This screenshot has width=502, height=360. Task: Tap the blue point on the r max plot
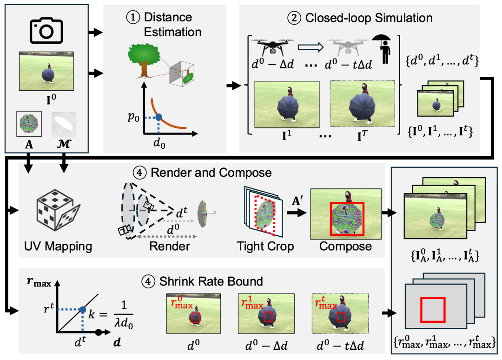[82, 309]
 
